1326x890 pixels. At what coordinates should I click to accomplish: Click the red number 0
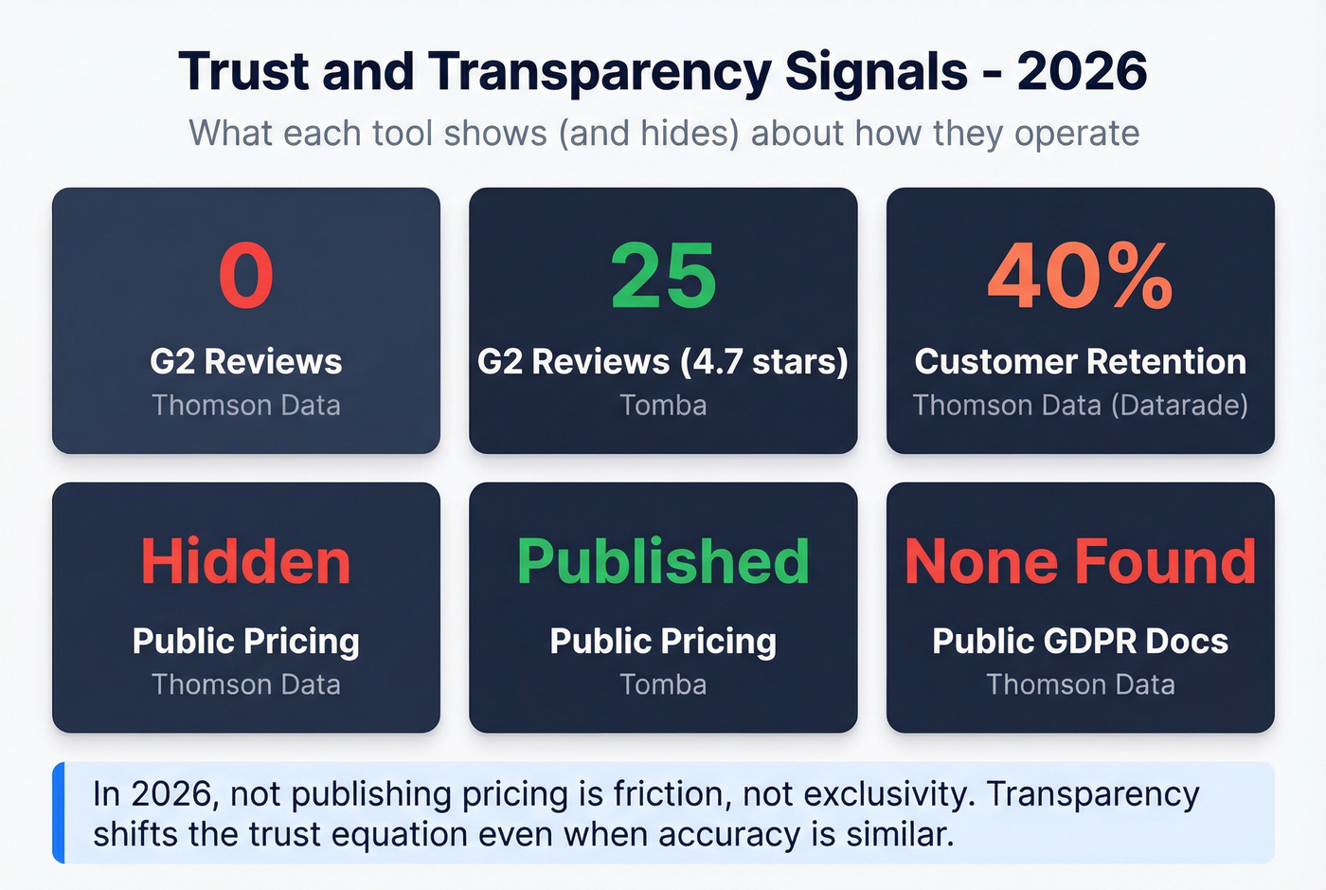coord(246,276)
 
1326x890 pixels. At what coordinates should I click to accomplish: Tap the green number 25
coord(663,276)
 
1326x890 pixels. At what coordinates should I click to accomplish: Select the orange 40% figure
coord(1080,276)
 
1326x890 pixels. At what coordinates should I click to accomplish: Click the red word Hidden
coord(246,561)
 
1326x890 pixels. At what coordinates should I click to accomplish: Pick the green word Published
coord(663,561)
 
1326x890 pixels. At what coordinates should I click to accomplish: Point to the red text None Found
coord(1080,561)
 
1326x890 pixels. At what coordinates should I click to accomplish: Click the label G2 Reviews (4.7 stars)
coord(663,362)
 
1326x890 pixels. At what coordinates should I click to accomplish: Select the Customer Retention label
coord(1080,362)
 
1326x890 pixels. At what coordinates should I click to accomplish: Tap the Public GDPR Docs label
coord(1080,642)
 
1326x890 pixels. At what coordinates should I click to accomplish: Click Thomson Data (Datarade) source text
coord(1080,406)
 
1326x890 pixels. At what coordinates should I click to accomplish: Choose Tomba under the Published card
coord(663,684)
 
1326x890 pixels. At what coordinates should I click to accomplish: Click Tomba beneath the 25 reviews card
coord(663,406)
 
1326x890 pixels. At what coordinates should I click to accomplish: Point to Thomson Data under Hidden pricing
coord(246,684)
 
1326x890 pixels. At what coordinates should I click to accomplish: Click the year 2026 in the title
coord(1082,72)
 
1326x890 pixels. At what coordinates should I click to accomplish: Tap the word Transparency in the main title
coord(600,72)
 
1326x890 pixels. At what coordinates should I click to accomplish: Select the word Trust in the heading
coord(242,72)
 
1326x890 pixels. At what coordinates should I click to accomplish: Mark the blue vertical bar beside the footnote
coord(59,812)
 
